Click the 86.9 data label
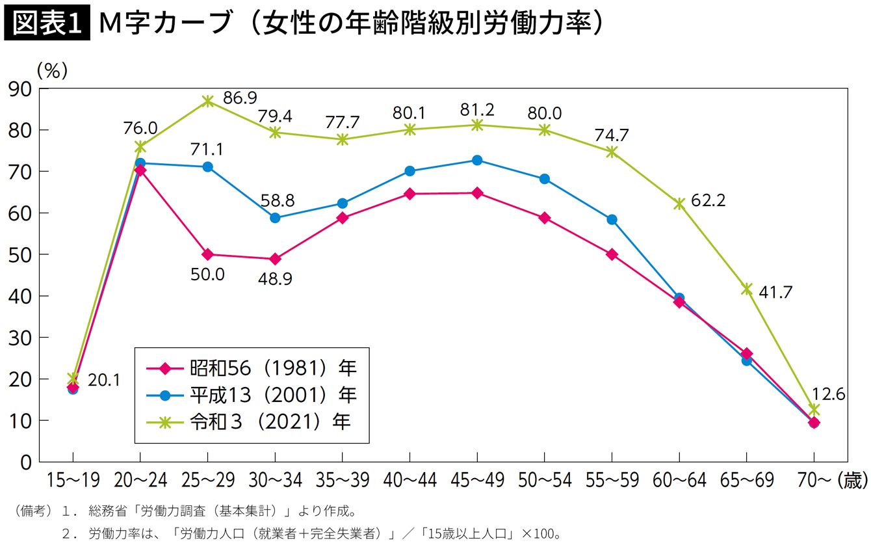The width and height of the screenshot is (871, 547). pyautogui.click(x=240, y=98)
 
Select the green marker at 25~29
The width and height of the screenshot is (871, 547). pyautogui.click(x=207, y=101)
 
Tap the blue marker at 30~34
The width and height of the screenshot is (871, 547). pyautogui.click(x=275, y=218)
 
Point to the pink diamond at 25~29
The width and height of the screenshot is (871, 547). pyautogui.click(x=207, y=255)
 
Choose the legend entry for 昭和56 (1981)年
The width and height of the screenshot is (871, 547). pyautogui.click(x=252, y=368)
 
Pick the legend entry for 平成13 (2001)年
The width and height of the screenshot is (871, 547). pyautogui.click(x=252, y=395)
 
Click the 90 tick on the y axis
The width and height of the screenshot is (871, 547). pyautogui.click(x=20, y=90)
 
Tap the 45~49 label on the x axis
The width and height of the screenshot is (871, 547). pyautogui.click(x=478, y=480)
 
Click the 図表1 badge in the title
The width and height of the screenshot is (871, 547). pyautogui.click(x=47, y=23)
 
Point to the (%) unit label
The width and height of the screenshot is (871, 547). pyautogui.click(x=52, y=71)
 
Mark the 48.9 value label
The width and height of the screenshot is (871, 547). pyautogui.click(x=275, y=279)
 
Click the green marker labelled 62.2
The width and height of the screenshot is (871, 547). pyautogui.click(x=679, y=204)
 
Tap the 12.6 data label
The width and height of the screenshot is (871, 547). pyautogui.click(x=828, y=395)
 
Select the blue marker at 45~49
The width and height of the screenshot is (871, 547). pyautogui.click(x=477, y=160)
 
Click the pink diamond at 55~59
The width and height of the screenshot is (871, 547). pyautogui.click(x=612, y=255)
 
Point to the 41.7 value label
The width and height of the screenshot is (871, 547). pyautogui.click(x=775, y=292)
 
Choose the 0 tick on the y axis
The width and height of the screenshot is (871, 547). pyautogui.click(x=26, y=462)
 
